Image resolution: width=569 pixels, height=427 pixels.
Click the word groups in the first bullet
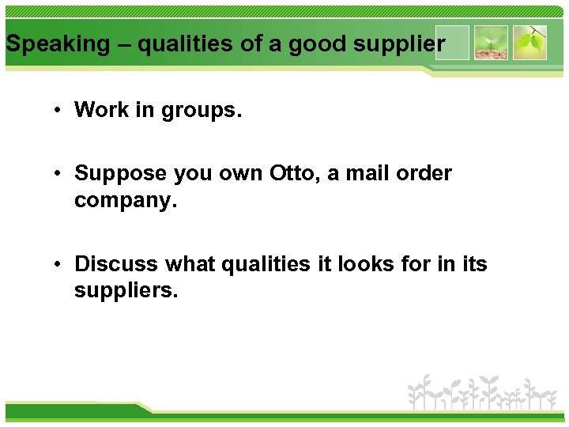point(201,111)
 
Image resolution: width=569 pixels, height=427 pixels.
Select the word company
point(124,201)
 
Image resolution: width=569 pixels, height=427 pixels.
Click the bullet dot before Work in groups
point(58,111)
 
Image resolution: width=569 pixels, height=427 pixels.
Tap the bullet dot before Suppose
point(58,174)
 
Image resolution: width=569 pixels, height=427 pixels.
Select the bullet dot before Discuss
point(58,264)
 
